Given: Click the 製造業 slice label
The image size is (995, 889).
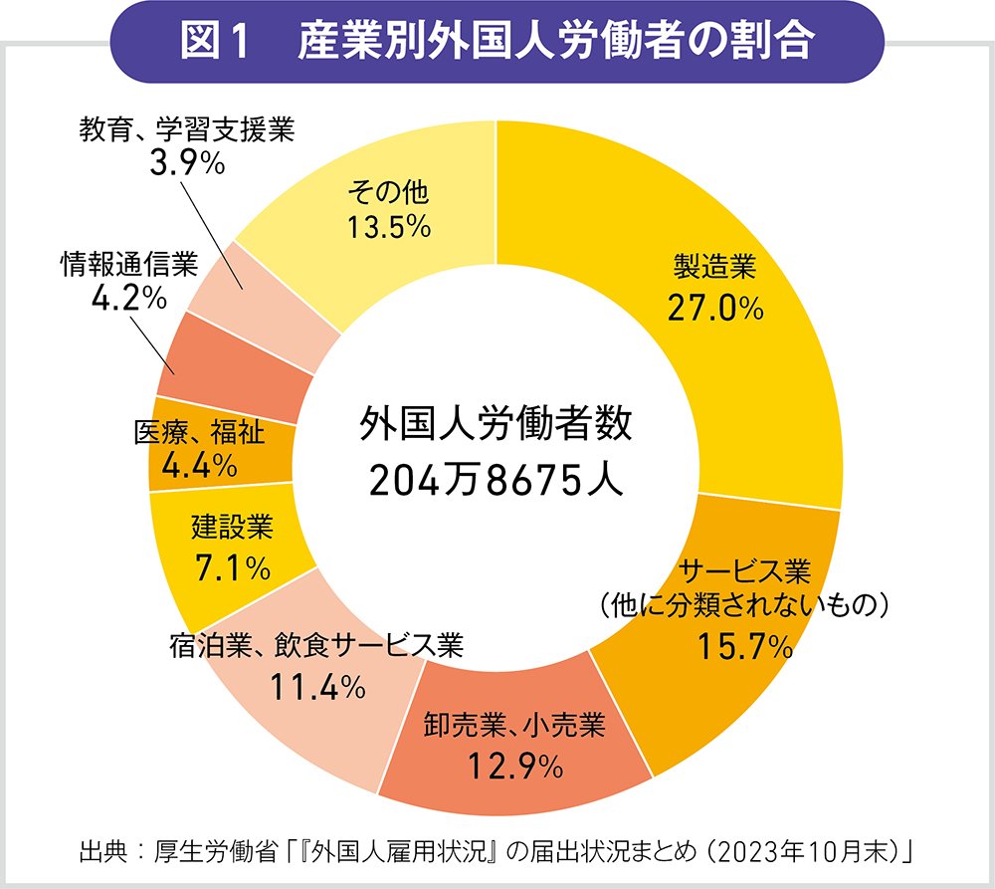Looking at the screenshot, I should coord(715,267).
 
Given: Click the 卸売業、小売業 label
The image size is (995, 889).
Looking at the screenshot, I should coord(513,724).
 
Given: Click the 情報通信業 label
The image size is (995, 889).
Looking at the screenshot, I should coord(129,264).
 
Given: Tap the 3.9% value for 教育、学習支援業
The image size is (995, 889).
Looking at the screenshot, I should coord(186,164).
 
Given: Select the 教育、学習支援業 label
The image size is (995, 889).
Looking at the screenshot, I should coord(187,129).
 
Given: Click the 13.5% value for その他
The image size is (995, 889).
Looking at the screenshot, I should coord(388,227).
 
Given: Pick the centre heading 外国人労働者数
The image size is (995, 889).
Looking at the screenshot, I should coord(496,426).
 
